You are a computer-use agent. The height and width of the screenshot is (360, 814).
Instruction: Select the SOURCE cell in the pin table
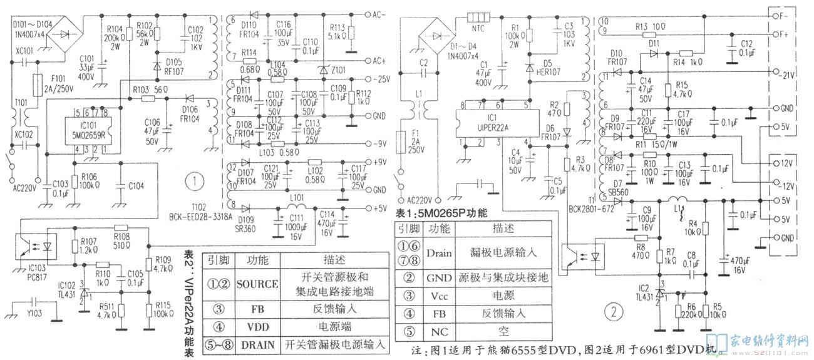(257, 284)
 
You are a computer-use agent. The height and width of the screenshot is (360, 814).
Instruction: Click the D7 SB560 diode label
(618, 188)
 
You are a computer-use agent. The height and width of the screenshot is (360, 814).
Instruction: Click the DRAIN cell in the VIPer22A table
(257, 345)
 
